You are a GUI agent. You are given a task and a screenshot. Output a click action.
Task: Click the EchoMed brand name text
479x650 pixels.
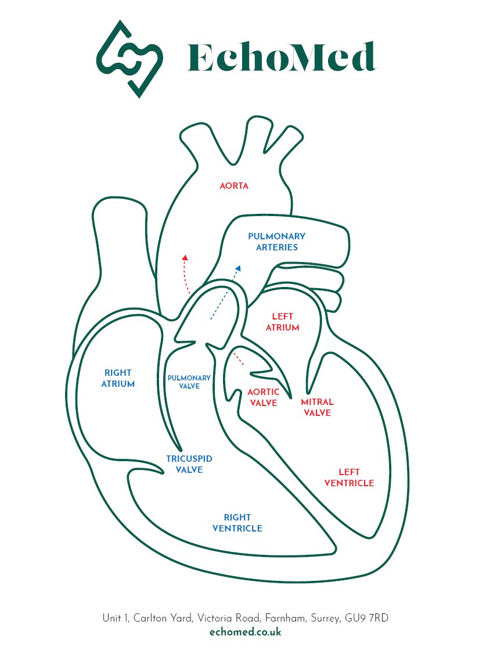(x=281, y=58)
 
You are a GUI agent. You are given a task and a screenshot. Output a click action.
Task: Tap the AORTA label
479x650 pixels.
(x=234, y=186)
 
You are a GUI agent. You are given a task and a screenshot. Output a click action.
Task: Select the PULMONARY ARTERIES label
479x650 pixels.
(x=276, y=242)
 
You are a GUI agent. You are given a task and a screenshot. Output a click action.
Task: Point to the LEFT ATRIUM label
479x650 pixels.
(x=283, y=322)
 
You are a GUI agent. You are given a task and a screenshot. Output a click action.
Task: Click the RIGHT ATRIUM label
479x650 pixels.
(x=118, y=378)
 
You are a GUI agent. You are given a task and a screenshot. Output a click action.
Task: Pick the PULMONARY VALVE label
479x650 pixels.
(x=189, y=382)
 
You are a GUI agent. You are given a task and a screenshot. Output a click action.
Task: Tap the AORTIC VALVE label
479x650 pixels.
(x=263, y=397)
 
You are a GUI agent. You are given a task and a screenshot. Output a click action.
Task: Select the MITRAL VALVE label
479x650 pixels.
(x=317, y=407)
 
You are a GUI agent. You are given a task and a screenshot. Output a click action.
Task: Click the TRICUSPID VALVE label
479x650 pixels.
(x=189, y=464)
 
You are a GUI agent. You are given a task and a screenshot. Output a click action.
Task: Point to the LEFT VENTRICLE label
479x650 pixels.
(x=349, y=477)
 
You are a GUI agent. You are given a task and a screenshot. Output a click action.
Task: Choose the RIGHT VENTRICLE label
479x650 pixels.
(x=237, y=523)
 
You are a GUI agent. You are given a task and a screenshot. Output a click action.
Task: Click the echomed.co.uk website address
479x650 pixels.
(x=246, y=632)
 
